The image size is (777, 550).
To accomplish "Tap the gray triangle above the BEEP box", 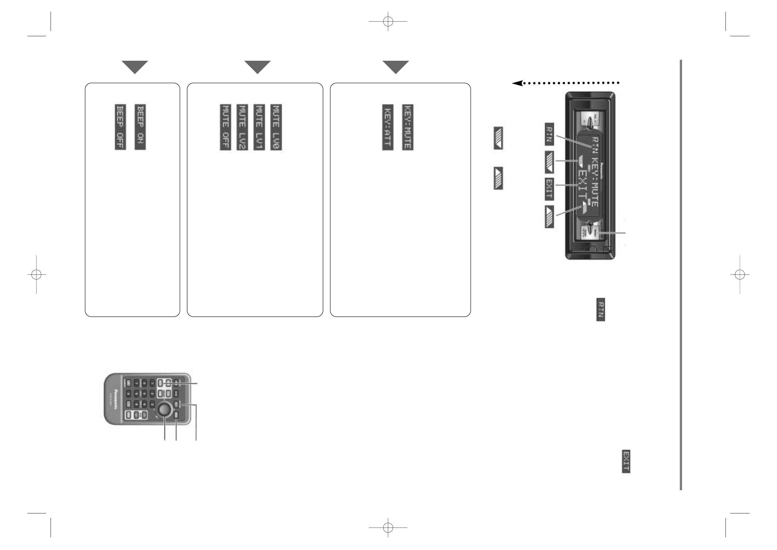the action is [135, 67].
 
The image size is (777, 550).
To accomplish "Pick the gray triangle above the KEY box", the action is [396, 67].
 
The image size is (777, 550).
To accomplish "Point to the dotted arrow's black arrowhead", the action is [517, 83].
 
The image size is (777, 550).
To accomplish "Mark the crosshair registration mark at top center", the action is [388, 21].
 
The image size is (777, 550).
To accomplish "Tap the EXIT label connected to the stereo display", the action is [549, 188].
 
